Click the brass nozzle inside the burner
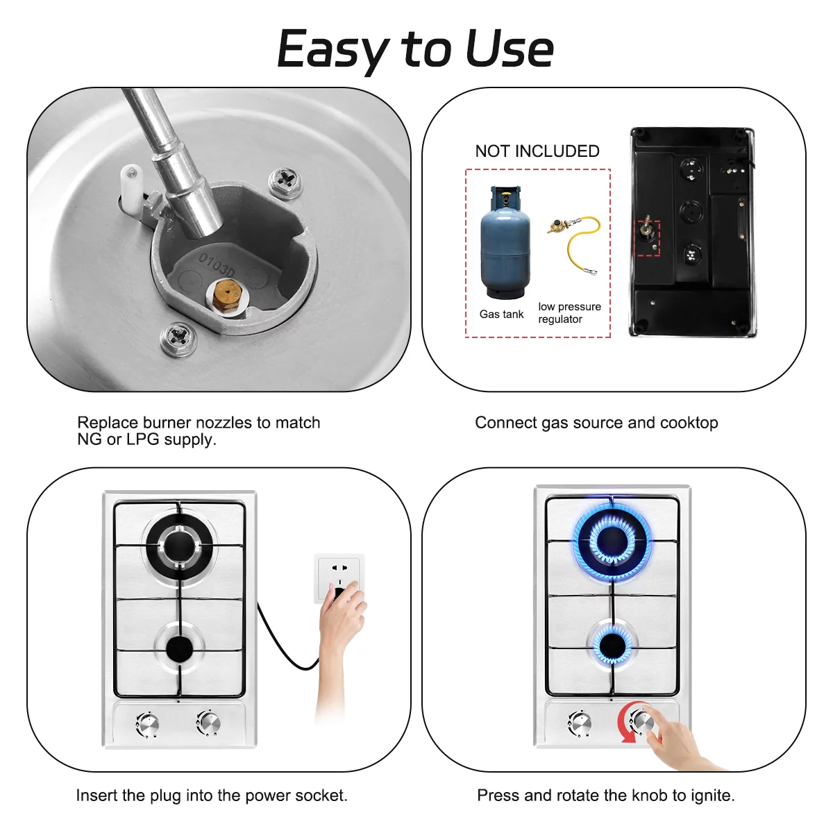coord(226,295)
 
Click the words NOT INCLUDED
coord(537,151)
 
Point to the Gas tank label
coord(501,314)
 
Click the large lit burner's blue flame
coord(612,541)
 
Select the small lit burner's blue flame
coord(612,645)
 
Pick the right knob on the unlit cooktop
coord(209,723)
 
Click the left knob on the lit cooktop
coord(579,723)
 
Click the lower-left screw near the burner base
coord(178,338)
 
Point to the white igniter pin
coord(131,189)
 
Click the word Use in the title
coord(510,49)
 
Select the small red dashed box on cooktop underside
coord(647,238)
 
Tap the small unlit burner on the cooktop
coord(179,647)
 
